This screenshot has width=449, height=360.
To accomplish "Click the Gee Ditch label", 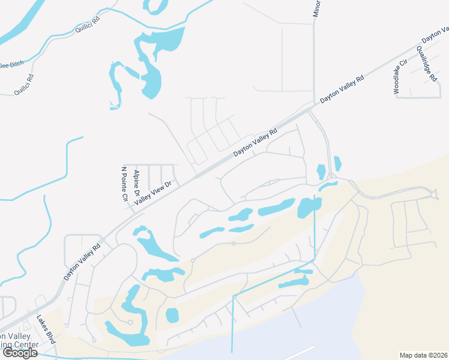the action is tap(11, 65).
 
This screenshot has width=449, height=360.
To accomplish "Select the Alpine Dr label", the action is tap(137, 184).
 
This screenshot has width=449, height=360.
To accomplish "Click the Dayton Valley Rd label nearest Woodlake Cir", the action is tap(342, 88).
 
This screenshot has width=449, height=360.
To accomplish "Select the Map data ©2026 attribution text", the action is tap(423, 355).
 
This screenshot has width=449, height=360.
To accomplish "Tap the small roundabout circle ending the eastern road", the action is tap(435, 194).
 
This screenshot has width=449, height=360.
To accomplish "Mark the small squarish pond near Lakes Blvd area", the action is tap(172, 314).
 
